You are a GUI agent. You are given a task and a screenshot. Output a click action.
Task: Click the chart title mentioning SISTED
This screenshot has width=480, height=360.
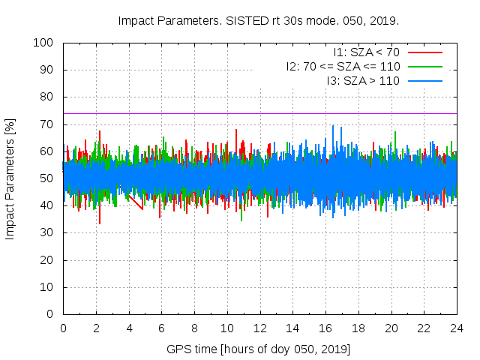pos(258,20)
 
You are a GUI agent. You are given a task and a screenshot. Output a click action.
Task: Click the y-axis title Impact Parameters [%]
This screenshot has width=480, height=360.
pos(10,178)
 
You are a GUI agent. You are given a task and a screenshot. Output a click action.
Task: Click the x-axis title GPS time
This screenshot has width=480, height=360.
pos(259,349)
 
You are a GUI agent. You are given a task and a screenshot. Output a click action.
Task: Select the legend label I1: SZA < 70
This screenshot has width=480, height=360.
pos(366,52)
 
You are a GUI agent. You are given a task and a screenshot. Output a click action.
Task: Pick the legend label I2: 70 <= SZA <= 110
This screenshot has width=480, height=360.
pos(343,66)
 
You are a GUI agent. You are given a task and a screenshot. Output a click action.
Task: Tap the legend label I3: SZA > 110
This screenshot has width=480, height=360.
pos(363,80)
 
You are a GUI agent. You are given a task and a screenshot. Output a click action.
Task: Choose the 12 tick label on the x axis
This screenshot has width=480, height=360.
pos(259,328)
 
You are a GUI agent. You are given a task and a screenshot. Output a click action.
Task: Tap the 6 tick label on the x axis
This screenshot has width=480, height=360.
pos(161,328)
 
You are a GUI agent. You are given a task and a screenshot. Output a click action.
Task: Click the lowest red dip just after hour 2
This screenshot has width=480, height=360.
pos(100,223)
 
